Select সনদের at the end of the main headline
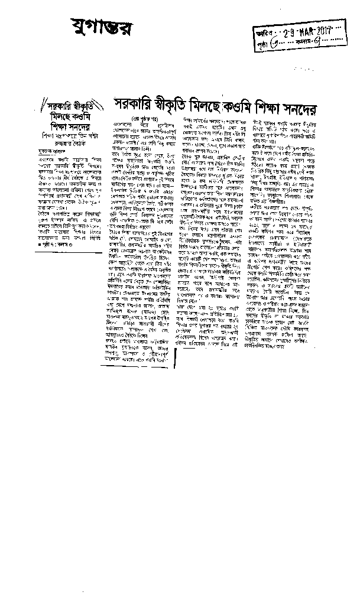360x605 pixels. pyautogui.click(x=327, y=107)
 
